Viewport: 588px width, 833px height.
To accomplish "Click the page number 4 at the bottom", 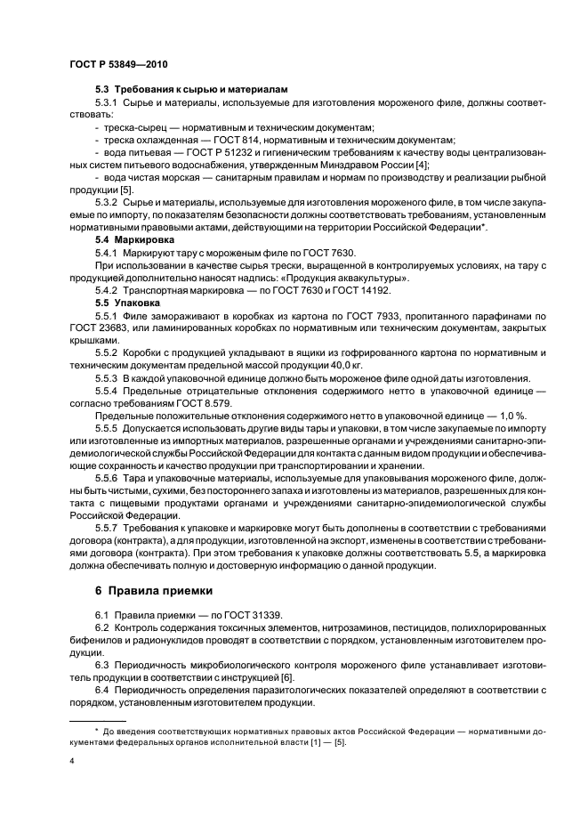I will [x=71, y=762].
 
